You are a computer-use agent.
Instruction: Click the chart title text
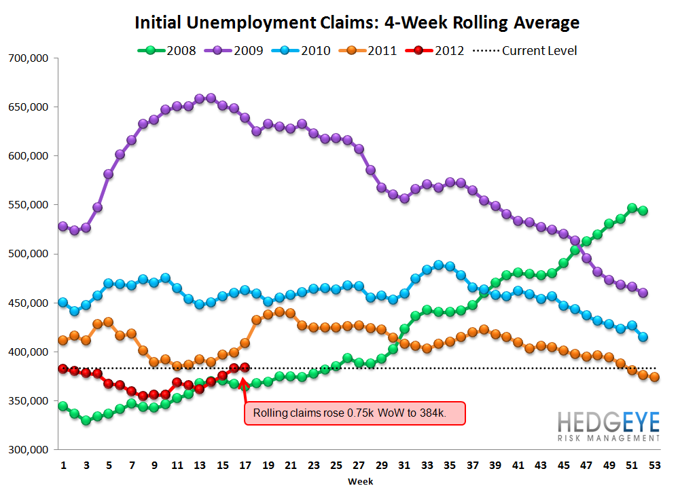click(357, 22)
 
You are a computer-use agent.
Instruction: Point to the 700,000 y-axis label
click(29, 58)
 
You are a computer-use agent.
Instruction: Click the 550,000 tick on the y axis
click(29, 205)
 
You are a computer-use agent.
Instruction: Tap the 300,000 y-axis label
click(29, 450)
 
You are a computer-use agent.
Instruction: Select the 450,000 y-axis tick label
click(29, 303)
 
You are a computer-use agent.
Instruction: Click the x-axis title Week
click(357, 480)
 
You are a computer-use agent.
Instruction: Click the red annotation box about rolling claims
click(355, 413)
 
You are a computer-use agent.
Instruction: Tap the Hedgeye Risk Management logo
click(608, 427)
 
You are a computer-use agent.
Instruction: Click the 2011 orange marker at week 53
click(654, 377)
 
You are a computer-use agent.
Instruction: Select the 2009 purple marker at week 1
click(63, 226)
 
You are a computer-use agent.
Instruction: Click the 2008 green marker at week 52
click(643, 210)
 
